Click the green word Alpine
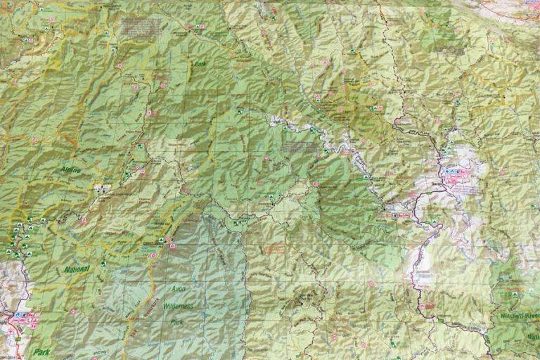(70, 169)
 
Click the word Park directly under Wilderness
(178, 323)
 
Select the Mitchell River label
(519, 316)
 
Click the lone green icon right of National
(103, 264)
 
